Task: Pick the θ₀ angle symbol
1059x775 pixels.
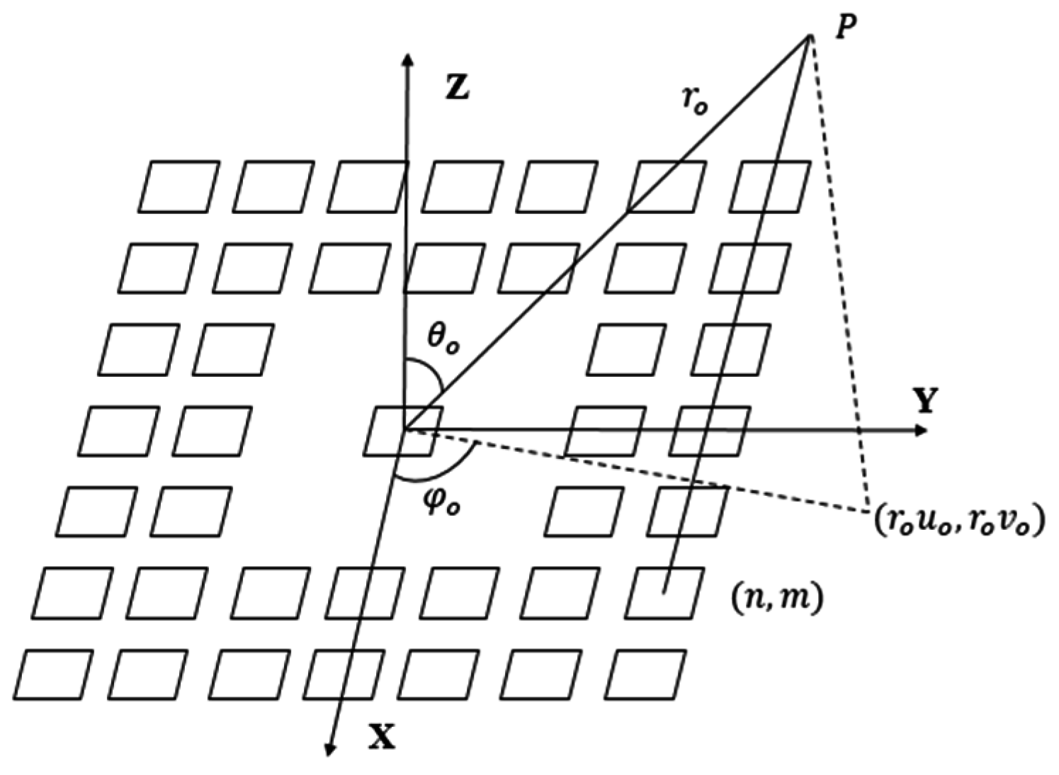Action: tap(443, 341)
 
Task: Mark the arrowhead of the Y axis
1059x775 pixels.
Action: tap(922, 430)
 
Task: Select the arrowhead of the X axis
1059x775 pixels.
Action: tap(329, 749)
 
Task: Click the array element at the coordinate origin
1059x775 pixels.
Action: tap(402, 430)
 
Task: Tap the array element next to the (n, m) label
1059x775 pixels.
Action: tap(664, 593)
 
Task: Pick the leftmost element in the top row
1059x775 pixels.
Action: tap(179, 187)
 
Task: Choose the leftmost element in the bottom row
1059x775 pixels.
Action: tap(54, 674)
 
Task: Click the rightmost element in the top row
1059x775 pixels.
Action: tap(770, 187)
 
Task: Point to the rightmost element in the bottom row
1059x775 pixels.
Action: tap(648, 674)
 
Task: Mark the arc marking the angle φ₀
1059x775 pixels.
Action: tap(439, 469)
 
